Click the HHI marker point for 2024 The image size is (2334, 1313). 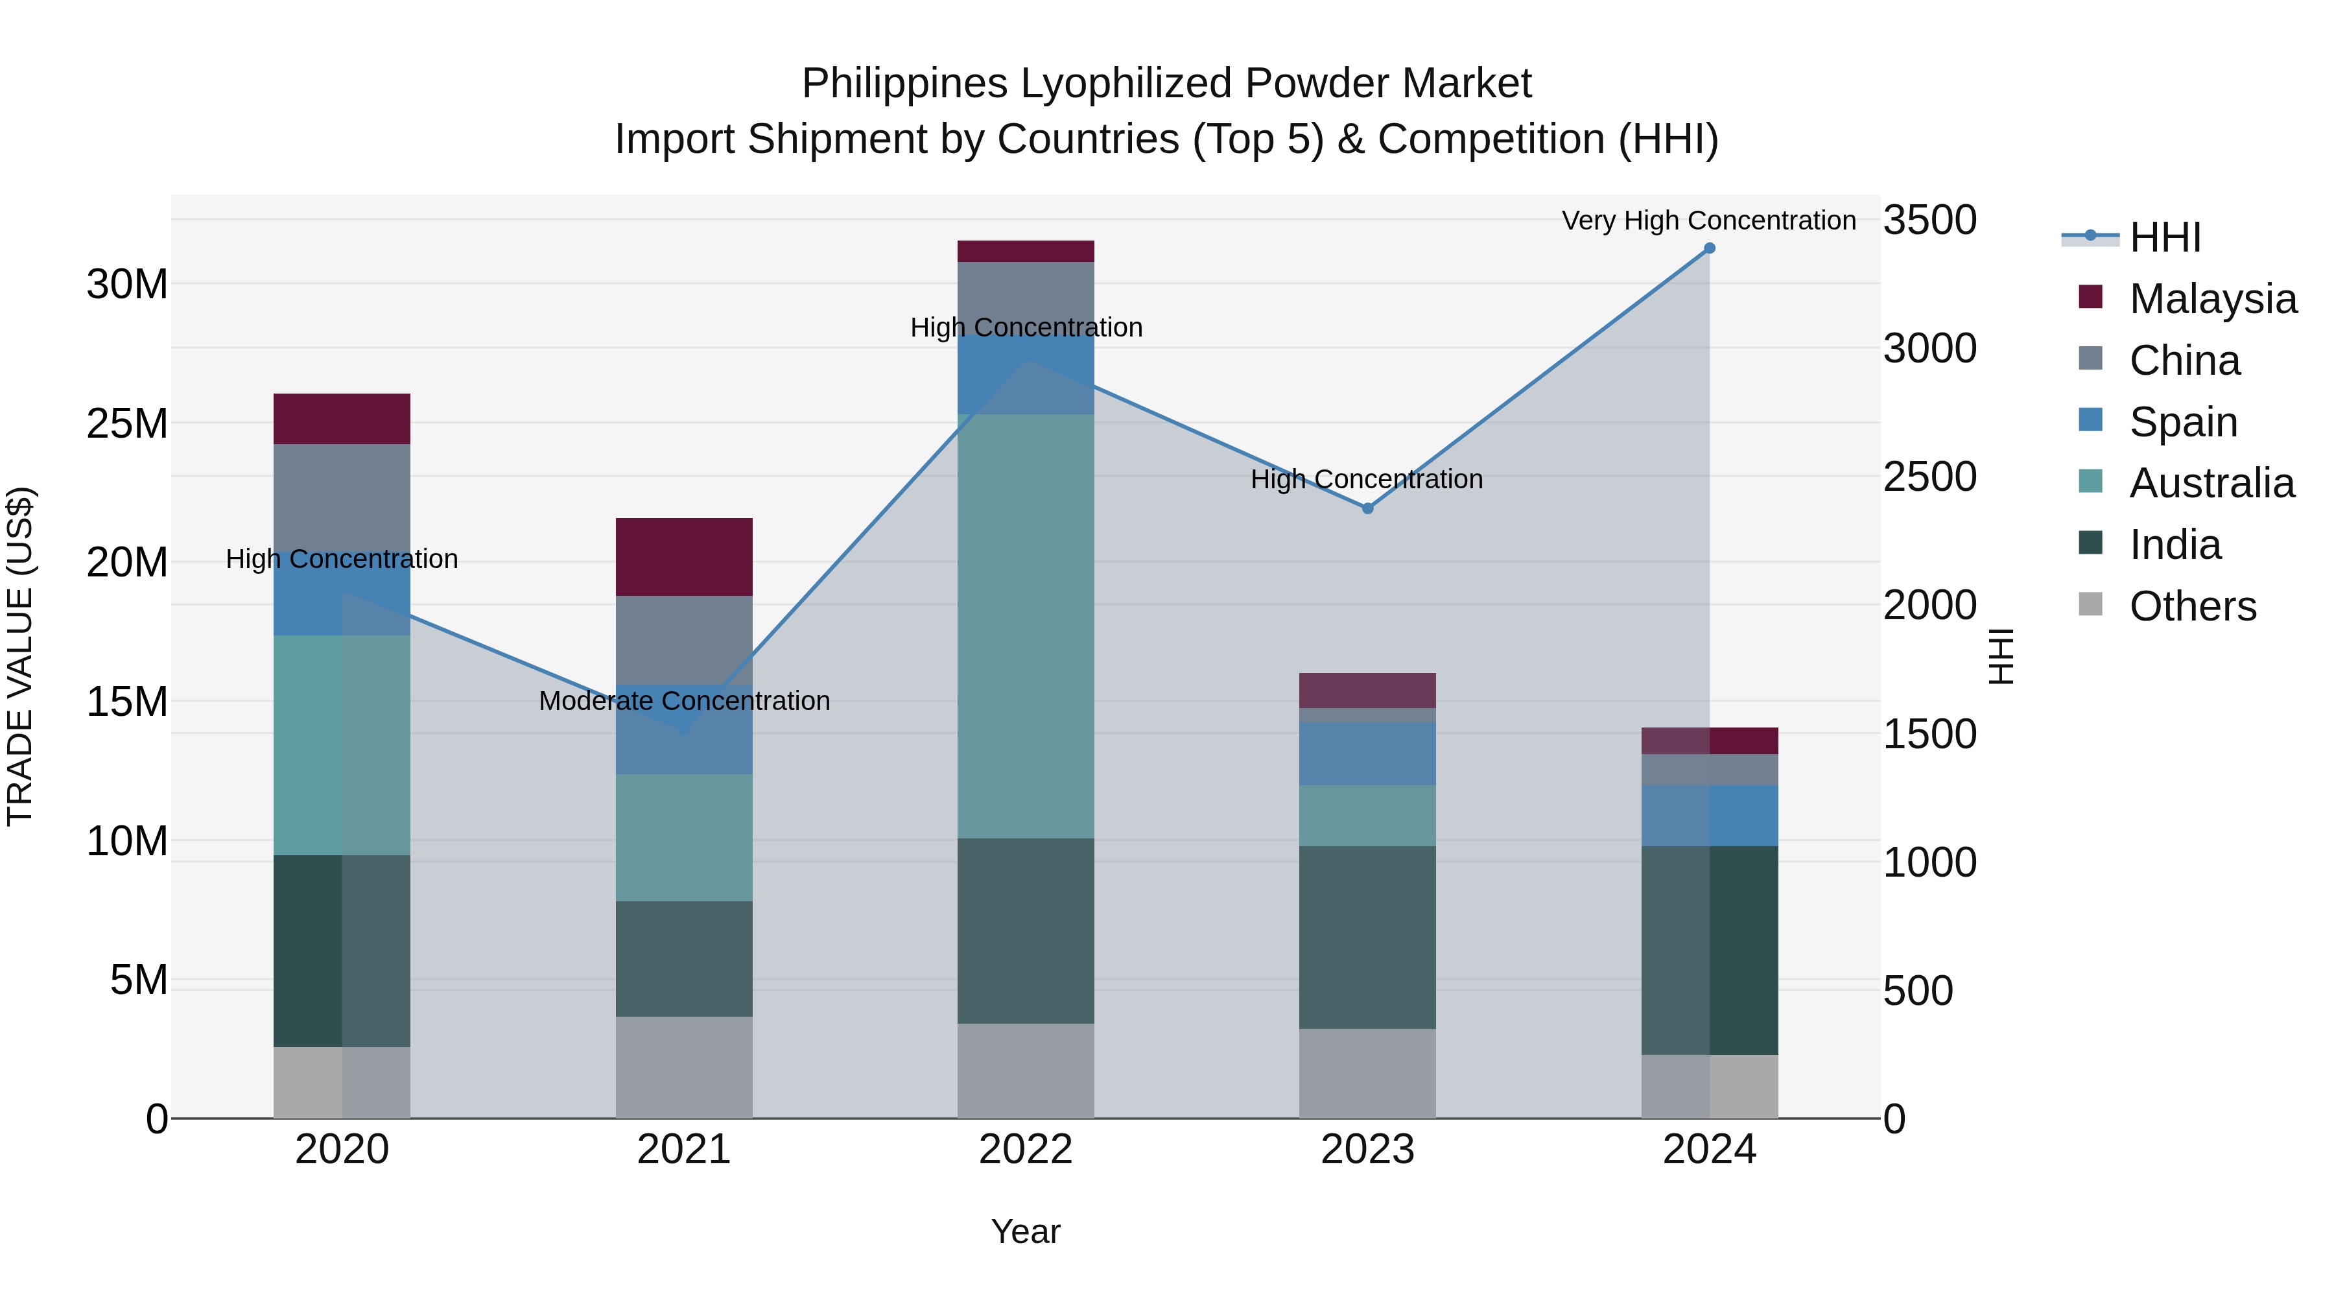[1709, 248]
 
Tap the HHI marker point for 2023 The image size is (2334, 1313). [1367, 508]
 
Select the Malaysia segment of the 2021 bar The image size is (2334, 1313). [684, 556]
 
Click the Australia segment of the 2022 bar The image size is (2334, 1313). [1026, 625]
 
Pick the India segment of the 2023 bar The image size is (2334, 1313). [1367, 937]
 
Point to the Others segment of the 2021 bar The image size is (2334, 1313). [684, 1067]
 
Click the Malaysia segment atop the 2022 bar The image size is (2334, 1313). [1026, 251]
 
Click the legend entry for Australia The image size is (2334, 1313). [2211, 483]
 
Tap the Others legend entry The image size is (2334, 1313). [2192, 606]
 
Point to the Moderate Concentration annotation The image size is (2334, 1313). [684, 700]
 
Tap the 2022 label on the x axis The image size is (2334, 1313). [1026, 1150]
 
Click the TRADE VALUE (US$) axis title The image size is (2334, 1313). [20, 656]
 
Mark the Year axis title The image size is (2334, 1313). [1025, 1231]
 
